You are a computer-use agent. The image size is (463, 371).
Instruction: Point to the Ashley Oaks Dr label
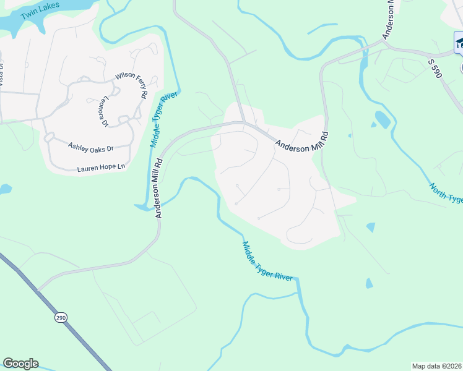pos(91,148)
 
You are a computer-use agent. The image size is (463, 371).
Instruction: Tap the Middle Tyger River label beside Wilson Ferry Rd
pos(163,120)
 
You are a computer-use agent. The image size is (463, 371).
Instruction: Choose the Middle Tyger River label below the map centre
pos(267,262)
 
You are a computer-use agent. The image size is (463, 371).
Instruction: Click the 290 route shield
pos(60,317)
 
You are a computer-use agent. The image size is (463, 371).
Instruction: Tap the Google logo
pos(20,364)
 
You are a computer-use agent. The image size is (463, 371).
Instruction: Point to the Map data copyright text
pos(436,366)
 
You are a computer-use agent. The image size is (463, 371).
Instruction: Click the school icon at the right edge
pos(459,42)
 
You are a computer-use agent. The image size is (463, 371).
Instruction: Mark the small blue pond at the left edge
pos(5,188)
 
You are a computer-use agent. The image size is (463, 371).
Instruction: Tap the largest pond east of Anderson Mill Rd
pos(382,119)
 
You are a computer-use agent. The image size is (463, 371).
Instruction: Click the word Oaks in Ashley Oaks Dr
pos(96,148)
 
